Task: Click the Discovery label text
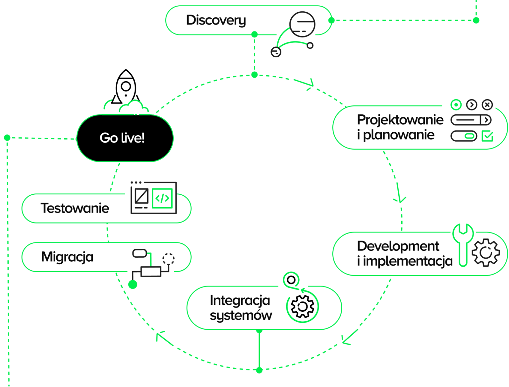coord(216,21)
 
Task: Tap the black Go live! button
coord(125,138)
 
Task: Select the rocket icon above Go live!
coord(126,87)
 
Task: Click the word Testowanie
coord(75,208)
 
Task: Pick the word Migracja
coord(67,257)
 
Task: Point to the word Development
coord(398,246)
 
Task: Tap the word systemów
coord(241,316)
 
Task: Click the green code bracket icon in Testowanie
coord(162,198)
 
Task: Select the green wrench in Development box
coord(463,245)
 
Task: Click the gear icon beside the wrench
coord(485,252)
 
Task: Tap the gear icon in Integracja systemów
coord(302,306)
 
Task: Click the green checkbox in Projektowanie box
coord(487,136)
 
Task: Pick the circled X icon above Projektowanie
coord(487,105)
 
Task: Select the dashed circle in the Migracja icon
coord(168,259)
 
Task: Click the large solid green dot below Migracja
coord(133,285)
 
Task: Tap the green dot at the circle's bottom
coord(259,370)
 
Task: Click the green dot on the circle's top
coord(254,75)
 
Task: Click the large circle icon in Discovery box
coord(302,24)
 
